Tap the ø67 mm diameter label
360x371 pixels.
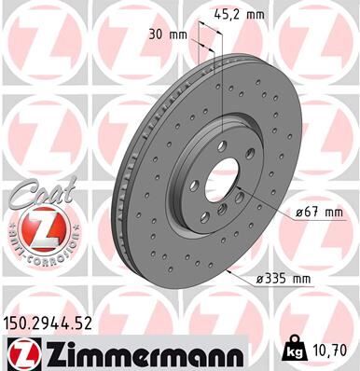coord(318,213)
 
